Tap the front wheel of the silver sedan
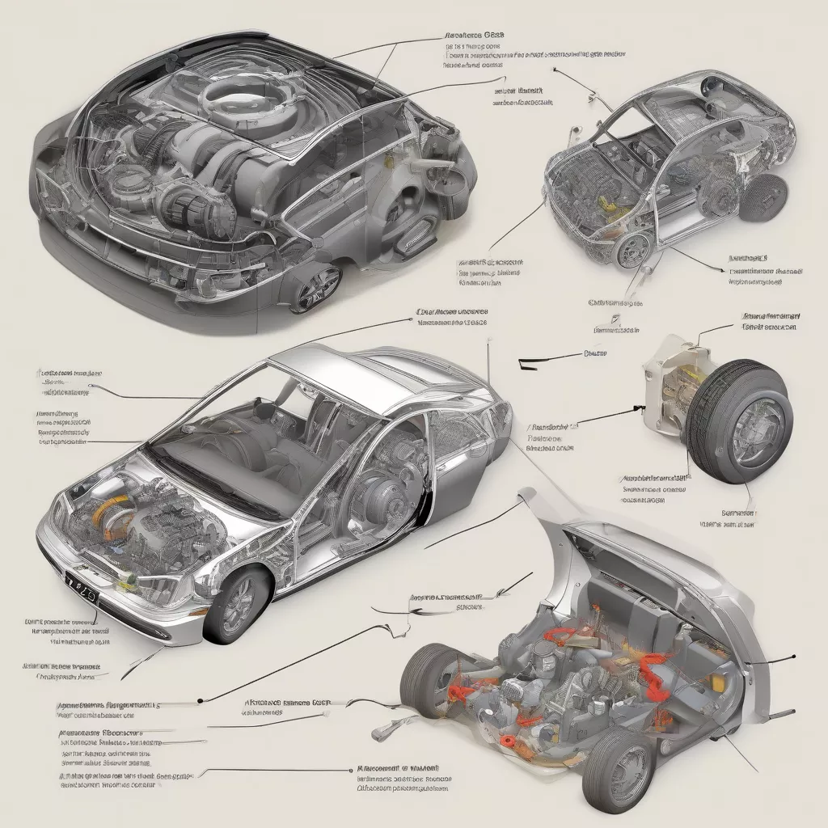236,605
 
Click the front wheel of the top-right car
633,250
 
